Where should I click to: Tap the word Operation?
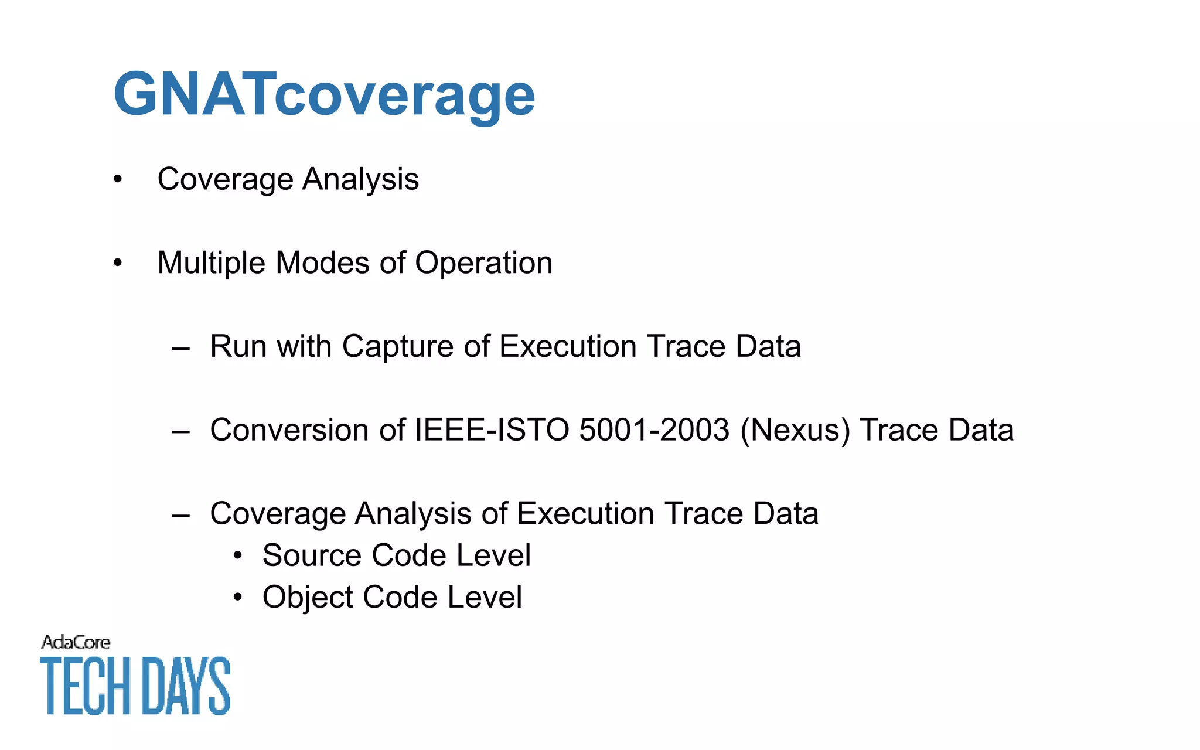483,263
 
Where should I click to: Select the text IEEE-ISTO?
492,430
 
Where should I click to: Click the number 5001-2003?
654,430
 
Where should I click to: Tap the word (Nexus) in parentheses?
795,431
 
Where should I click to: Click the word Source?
312,555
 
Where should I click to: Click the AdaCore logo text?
76,643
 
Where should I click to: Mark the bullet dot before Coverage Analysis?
118,179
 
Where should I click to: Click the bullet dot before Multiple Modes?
118,263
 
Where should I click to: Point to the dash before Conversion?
180,432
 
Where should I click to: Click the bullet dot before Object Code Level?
237,598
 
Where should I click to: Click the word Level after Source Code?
493,555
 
